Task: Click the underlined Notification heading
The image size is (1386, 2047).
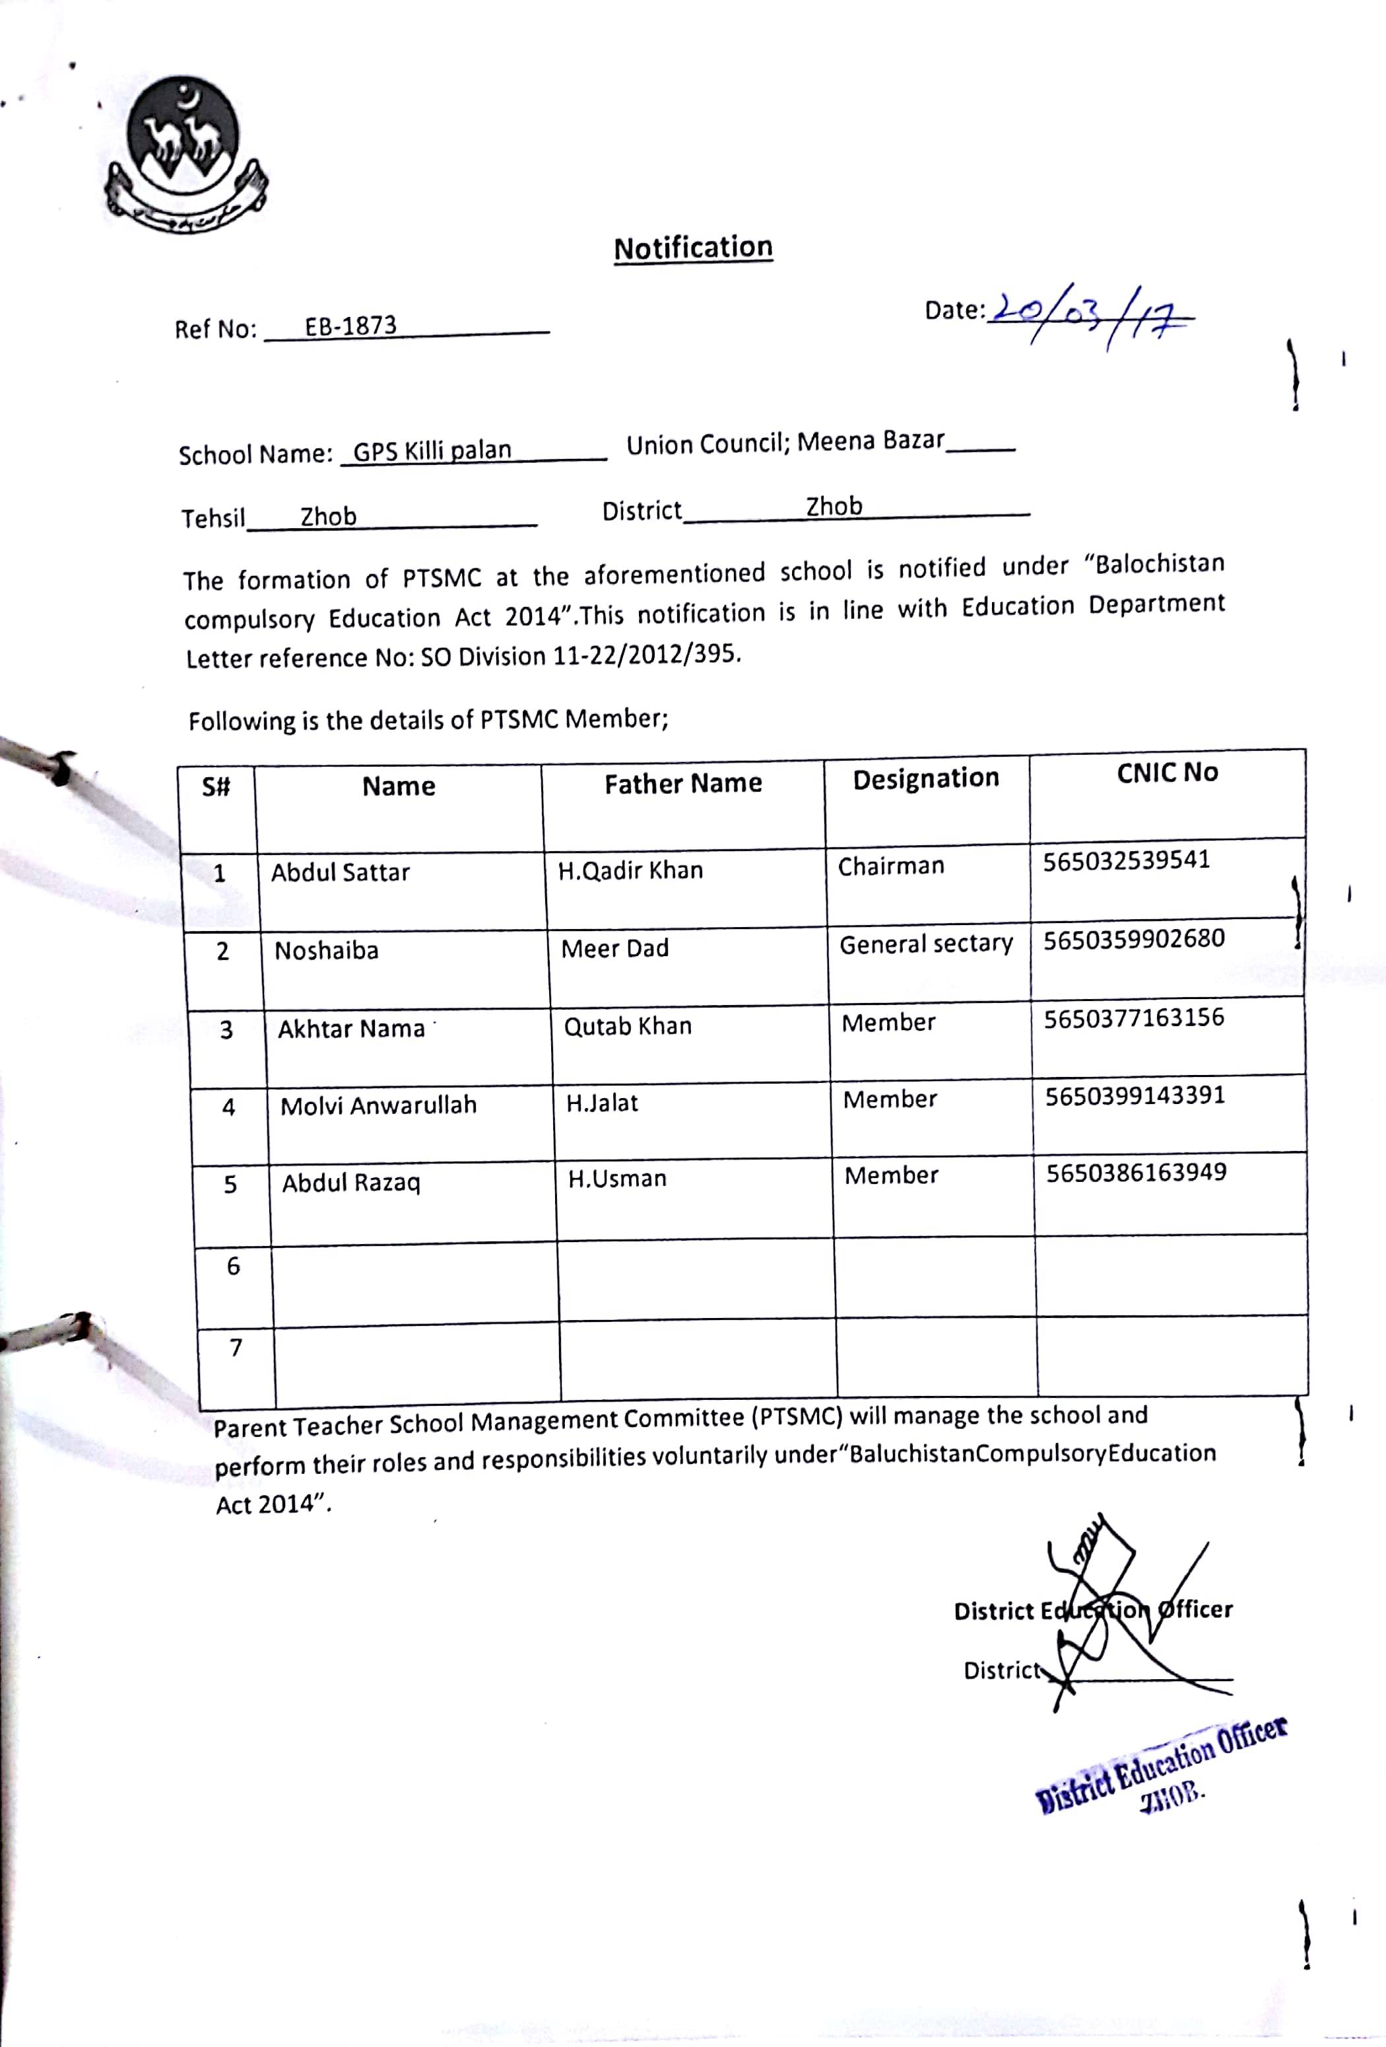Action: (693, 248)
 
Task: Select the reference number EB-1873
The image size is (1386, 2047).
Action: (350, 326)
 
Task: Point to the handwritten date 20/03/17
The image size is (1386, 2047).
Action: (1092, 314)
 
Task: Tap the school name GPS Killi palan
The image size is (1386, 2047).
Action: (432, 450)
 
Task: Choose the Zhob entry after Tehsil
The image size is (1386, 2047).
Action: (329, 516)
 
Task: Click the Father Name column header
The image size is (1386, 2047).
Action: (682, 783)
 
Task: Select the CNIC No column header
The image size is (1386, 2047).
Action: (1167, 773)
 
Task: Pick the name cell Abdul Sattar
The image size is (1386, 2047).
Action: (340, 872)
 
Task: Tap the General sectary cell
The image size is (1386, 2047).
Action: (925, 944)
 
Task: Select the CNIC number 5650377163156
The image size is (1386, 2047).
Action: (1133, 1018)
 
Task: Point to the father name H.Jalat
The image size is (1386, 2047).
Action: (603, 1103)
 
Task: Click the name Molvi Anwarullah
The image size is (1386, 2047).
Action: (379, 1105)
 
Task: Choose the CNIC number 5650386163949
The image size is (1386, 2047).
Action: (1136, 1172)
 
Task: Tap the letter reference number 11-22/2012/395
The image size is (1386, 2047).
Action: (645, 655)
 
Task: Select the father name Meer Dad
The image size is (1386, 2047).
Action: (614, 949)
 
